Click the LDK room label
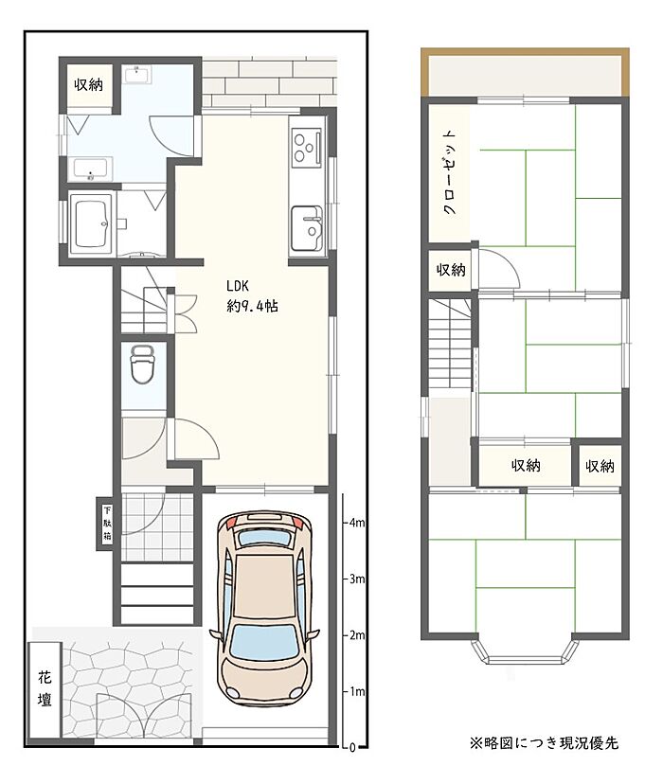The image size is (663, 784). click(x=238, y=286)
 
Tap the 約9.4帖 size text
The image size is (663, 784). click(x=252, y=306)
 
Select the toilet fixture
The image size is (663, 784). click(x=143, y=365)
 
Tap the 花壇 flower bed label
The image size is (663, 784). click(x=45, y=689)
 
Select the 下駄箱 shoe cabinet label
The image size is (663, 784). click(x=107, y=524)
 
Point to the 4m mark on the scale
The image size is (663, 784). click(x=357, y=523)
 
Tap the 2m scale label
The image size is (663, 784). click(x=357, y=635)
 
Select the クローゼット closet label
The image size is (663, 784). click(x=450, y=173)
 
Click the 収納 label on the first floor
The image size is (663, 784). click(x=88, y=84)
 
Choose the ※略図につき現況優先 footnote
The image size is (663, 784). click(x=544, y=743)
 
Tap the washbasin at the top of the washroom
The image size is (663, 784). click(x=135, y=75)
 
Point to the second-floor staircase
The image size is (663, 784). click(x=451, y=344)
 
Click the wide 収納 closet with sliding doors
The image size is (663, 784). click(x=525, y=465)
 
